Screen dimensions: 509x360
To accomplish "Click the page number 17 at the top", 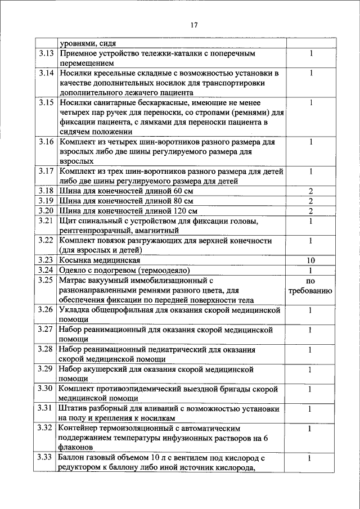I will (x=195, y=25).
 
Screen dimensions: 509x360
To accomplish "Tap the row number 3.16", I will (x=47, y=142).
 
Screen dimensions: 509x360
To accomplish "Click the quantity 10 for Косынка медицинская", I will (x=310, y=260).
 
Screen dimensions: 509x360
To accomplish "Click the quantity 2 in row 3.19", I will (x=310, y=201).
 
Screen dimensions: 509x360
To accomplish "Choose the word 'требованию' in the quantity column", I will (x=310, y=291).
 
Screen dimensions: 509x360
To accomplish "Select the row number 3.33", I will (x=47, y=458).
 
